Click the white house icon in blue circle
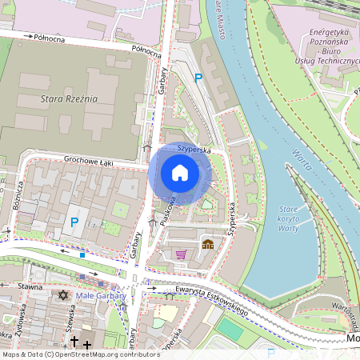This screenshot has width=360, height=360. coord(180,172)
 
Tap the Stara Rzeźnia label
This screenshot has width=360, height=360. coord(68,98)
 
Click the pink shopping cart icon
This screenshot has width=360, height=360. coord(181,254)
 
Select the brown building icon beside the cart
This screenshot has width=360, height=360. coord(208,244)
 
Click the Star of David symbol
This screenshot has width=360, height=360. coord(64,295)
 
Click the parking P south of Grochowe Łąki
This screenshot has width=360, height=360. coord(76,222)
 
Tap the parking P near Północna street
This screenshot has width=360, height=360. coord(198,78)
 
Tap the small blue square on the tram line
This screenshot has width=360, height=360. coord(82,255)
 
